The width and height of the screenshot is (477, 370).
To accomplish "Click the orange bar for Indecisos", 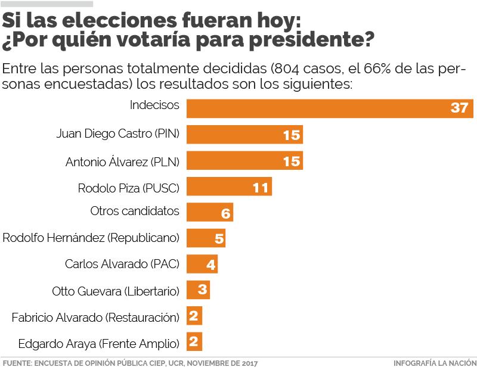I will click(322, 108).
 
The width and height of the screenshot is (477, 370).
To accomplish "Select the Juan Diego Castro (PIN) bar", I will click(244, 135).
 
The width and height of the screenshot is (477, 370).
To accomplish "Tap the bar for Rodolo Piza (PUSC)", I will click(229, 187).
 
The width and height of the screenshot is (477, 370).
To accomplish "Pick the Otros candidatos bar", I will click(209, 212).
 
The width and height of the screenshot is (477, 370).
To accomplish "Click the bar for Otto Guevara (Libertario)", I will click(198, 290).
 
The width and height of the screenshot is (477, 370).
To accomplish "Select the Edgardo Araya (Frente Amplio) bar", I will click(194, 342).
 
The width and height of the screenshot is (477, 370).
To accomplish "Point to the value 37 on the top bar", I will click(459, 109).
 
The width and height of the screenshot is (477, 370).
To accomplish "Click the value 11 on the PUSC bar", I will click(260, 188).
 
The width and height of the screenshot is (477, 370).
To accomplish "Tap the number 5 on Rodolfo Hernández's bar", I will click(218, 239).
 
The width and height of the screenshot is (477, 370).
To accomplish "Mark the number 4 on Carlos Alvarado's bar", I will click(210, 265).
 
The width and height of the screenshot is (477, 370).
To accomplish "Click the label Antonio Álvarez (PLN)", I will click(122, 161).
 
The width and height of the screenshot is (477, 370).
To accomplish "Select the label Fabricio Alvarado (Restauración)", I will click(95, 317).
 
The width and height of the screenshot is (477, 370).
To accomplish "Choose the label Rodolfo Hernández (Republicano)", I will click(91, 238).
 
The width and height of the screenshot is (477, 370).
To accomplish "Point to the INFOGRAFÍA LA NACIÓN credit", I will click(435, 362).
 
